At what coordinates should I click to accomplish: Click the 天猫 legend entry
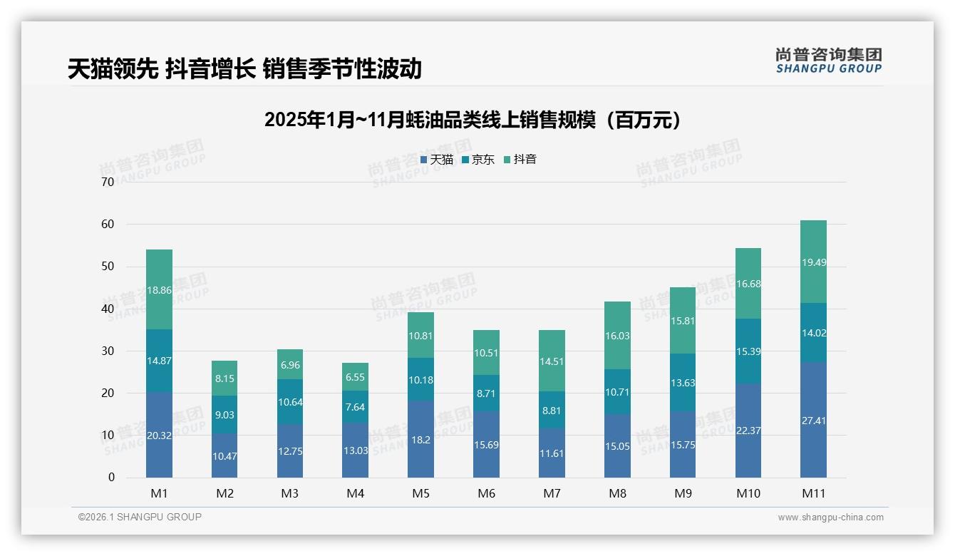coord(437,160)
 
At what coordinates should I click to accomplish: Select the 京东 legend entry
coord(478,160)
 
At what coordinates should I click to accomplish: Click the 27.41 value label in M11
coord(813,421)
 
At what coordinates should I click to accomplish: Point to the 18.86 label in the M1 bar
coord(159,290)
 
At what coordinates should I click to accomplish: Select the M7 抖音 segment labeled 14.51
coord(552,361)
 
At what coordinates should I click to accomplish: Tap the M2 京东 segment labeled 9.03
coord(224,415)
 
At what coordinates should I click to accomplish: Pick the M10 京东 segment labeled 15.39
coord(748,351)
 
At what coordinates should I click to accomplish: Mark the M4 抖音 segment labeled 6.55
coord(355,377)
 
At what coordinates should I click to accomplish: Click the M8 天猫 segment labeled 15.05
coord(617,446)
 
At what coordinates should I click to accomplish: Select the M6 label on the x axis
coord(486,493)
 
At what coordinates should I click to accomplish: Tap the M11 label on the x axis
coord(813,493)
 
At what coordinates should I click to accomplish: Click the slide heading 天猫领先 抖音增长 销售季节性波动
coord(244,68)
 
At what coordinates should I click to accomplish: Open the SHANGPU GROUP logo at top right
coord(828,60)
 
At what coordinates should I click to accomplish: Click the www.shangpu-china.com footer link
coord(830,518)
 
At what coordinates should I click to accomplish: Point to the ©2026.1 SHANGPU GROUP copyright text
coord(140,517)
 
